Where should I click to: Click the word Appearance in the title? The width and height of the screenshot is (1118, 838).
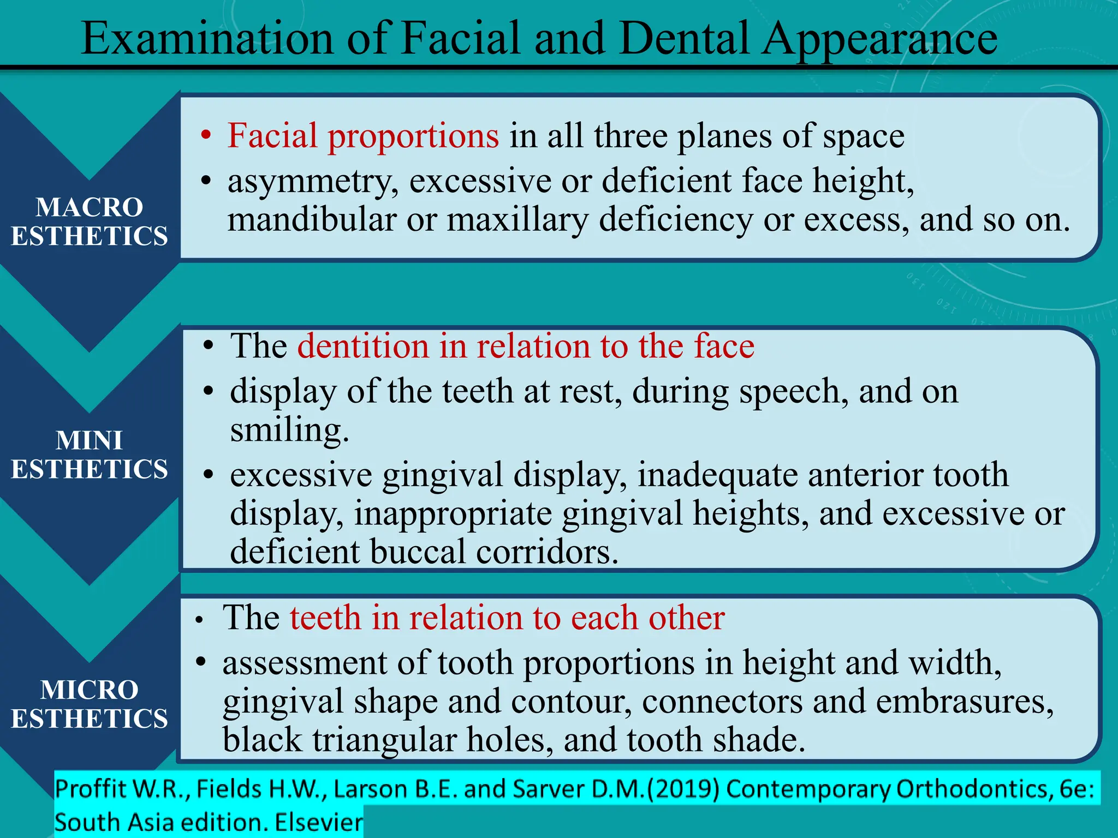879,39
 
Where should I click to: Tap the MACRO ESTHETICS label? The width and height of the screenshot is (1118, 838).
90,222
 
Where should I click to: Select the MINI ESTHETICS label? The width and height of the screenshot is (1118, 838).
90,454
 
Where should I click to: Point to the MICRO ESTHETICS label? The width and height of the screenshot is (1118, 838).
90,704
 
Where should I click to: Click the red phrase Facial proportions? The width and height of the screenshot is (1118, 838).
362,136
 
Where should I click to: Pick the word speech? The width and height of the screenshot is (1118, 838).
794,392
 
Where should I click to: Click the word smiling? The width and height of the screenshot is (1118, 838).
289,430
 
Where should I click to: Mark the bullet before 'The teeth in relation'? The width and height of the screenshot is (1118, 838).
200,620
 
